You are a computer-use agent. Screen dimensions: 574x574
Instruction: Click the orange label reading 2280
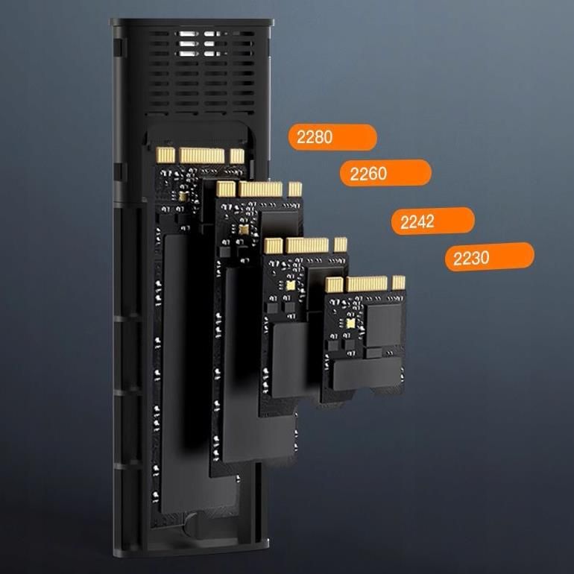[332, 137]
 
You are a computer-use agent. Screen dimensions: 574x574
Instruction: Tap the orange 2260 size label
[385, 173]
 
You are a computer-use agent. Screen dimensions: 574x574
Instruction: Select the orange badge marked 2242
[432, 221]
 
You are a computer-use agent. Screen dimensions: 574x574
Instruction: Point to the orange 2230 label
[490, 256]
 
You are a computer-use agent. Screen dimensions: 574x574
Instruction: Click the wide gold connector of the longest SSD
[202, 156]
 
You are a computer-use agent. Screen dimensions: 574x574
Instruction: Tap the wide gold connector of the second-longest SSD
[260, 189]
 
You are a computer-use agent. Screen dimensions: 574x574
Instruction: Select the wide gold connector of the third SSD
[307, 245]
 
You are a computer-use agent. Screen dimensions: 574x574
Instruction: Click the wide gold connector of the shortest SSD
[367, 284]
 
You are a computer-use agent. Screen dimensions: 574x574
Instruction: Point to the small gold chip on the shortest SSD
[350, 324]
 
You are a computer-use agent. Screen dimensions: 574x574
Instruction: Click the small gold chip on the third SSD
[290, 286]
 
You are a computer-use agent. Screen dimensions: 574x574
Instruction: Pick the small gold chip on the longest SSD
[183, 197]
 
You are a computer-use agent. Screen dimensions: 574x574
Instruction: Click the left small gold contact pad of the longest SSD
[165, 155]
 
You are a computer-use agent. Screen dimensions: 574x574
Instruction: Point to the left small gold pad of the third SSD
[273, 246]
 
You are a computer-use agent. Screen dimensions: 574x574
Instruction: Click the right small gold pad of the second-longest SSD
[294, 189]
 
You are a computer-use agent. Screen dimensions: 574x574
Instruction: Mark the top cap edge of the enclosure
[192, 22]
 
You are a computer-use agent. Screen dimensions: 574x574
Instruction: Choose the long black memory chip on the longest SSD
[177, 373]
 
